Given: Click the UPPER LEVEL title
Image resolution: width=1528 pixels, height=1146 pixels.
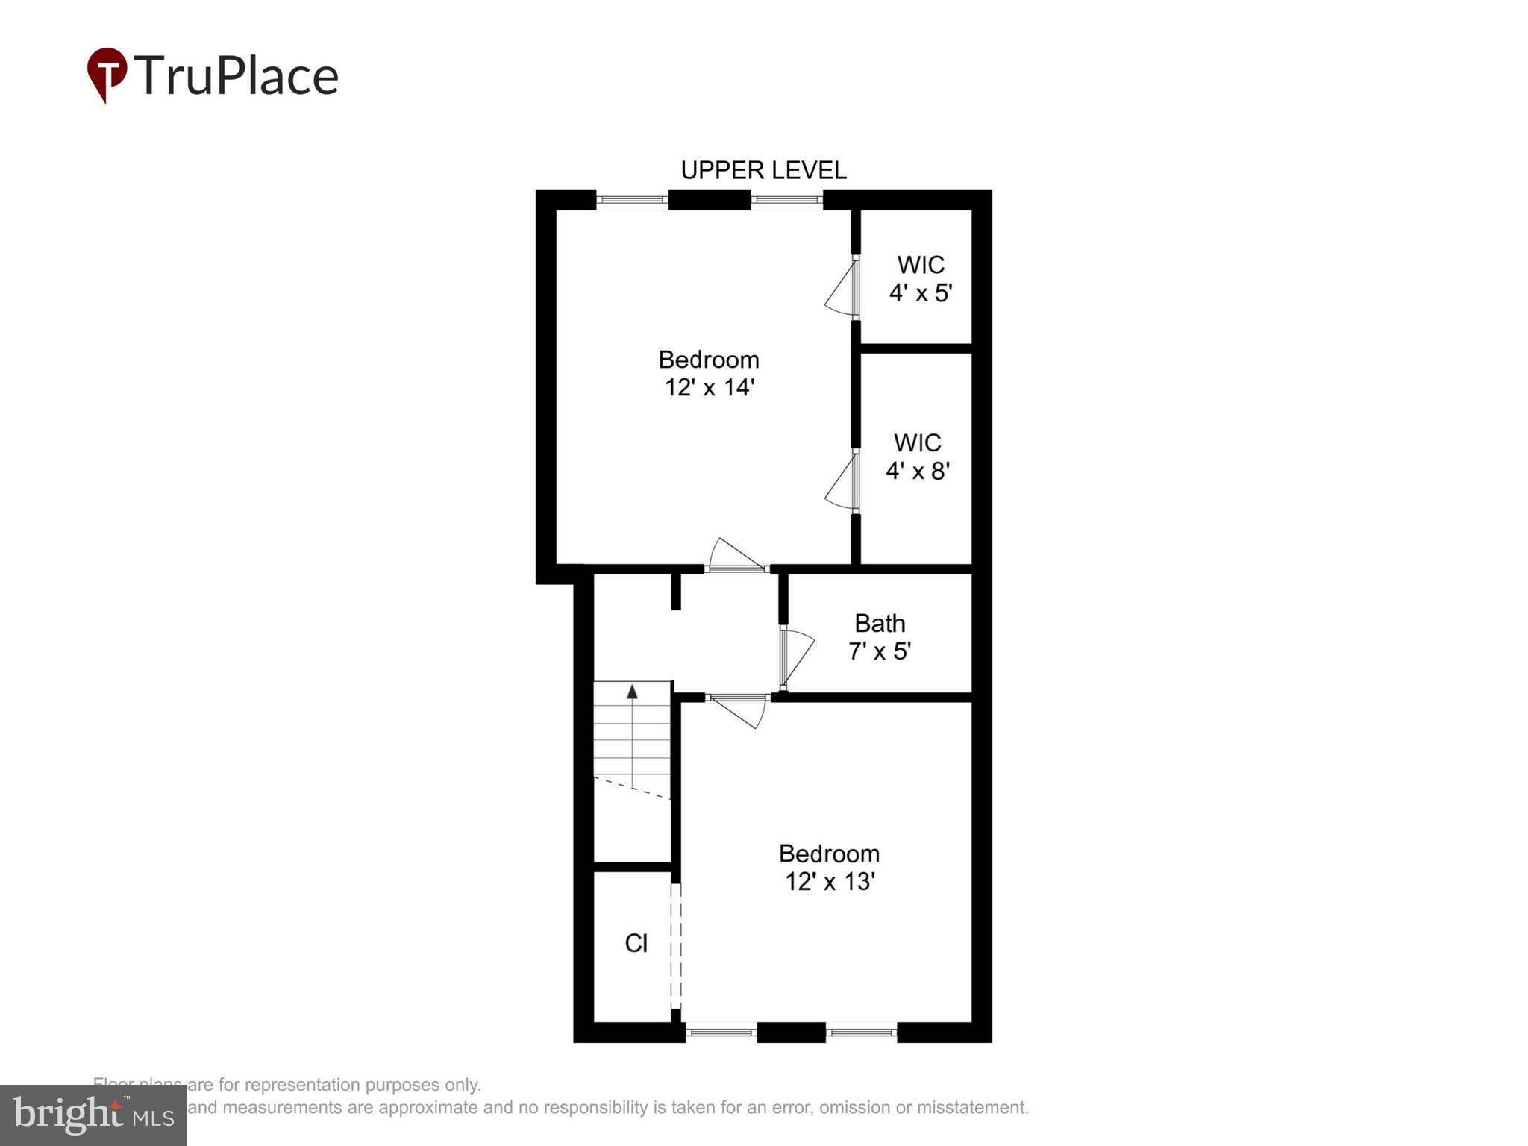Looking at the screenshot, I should click(x=763, y=171).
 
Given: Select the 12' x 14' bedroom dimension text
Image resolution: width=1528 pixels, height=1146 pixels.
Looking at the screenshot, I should click(x=710, y=388).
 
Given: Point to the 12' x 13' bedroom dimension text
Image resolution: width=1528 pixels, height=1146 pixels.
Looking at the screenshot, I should click(x=829, y=882).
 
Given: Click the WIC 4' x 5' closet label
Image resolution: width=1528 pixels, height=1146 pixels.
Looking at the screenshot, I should click(x=921, y=279).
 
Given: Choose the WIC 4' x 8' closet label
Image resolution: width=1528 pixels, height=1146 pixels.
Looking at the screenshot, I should click(x=917, y=457).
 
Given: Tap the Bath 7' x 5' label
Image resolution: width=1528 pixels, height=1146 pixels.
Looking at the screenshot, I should click(x=880, y=637).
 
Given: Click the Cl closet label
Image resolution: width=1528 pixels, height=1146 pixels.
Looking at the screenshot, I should click(x=636, y=944).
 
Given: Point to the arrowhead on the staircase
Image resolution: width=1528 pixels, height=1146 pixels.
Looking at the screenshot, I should click(x=633, y=692).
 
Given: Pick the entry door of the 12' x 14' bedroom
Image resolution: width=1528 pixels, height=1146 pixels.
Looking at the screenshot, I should click(x=736, y=556).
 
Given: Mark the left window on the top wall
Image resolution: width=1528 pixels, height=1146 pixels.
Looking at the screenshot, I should click(x=632, y=200).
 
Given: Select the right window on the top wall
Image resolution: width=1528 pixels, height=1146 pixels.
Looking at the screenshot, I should click(x=786, y=200).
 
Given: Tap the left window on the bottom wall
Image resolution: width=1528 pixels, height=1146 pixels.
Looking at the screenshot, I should click(x=721, y=1033).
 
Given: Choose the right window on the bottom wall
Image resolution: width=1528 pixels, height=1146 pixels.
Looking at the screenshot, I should click(x=861, y=1033).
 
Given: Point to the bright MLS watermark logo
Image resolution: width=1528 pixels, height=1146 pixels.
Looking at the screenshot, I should click(x=93, y=1115).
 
